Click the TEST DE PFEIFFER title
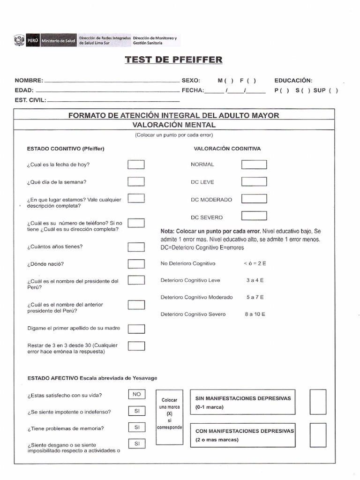pos(173,60)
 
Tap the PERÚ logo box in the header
pos(33,41)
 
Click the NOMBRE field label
pos(29,81)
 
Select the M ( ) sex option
pos(225,81)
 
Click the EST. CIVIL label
pos(30,100)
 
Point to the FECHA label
pos(193,90)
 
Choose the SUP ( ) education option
pos(325,90)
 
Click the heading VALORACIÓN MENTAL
pos(174,125)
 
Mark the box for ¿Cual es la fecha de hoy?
pos(136,164)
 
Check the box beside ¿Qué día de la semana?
pos(136,181)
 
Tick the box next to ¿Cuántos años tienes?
pos(136,247)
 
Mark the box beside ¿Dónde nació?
pos(136,264)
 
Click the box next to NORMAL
pos(254,165)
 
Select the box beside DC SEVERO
pos(254,216)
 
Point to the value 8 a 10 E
pos(255,314)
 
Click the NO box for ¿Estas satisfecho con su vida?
pos(136,395)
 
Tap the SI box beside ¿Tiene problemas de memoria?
pos(136,427)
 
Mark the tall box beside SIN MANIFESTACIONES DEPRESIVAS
pos(318,402)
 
